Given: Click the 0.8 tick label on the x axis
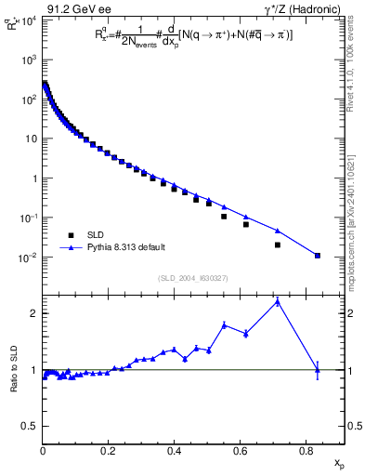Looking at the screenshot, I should point(306,450).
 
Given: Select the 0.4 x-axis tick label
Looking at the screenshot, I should point(174,450).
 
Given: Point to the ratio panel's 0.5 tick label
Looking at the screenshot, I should point(31,427).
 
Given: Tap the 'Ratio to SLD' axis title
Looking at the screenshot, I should point(14,382).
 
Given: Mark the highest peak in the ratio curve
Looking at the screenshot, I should point(278,301).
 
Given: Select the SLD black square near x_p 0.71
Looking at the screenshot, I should point(278,245).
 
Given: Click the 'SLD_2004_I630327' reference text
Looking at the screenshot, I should point(192,277).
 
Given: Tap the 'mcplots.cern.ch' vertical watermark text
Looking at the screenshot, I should point(351,214).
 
